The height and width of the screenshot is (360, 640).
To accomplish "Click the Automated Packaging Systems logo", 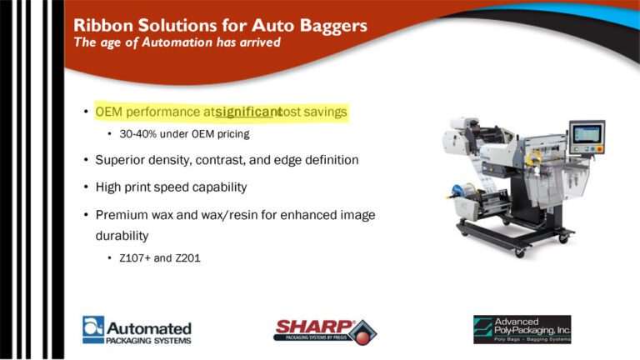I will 137,329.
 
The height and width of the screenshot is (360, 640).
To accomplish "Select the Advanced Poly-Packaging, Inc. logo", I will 522,329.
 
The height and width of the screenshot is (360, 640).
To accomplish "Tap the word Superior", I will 121,159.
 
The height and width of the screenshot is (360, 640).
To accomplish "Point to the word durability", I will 122,235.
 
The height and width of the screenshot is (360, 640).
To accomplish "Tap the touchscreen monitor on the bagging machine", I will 587,134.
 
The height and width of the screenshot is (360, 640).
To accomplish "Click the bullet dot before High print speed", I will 86,187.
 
